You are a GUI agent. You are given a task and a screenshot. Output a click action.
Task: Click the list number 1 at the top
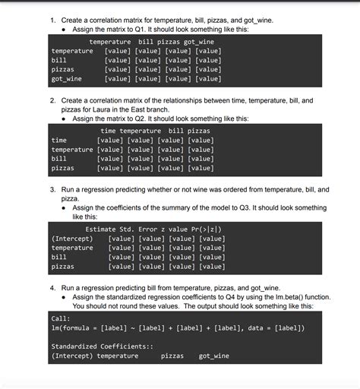(x=52, y=19)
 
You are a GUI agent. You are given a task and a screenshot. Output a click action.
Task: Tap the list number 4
(x=52, y=289)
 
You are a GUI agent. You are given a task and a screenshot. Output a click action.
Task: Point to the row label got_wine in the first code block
(x=66, y=79)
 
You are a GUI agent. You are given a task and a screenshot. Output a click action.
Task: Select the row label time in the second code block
(x=58, y=141)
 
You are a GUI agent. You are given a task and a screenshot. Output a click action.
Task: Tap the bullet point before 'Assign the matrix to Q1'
(x=65, y=29)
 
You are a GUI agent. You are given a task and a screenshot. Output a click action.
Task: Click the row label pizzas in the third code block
(x=62, y=267)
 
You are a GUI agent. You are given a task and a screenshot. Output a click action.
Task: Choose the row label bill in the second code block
(x=58, y=159)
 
